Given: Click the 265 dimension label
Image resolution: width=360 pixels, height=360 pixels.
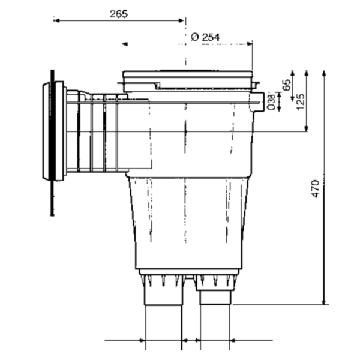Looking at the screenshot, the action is click(119, 14).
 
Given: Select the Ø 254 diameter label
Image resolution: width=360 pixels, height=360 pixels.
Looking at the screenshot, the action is click(205, 37).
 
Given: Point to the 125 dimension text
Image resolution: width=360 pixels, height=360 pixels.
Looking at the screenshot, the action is click(301, 102).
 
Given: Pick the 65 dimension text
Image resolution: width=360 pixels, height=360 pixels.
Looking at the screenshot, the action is click(286, 85).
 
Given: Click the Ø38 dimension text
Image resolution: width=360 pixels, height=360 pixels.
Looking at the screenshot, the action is click(271, 102).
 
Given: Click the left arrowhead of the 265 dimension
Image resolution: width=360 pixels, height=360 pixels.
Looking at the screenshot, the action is click(57, 20).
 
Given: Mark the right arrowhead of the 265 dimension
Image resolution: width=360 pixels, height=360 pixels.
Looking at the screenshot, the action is click(181, 20).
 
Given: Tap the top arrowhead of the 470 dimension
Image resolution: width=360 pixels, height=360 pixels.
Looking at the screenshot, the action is click(324, 73).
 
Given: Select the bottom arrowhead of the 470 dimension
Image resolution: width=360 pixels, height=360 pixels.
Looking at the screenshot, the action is click(324, 302).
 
